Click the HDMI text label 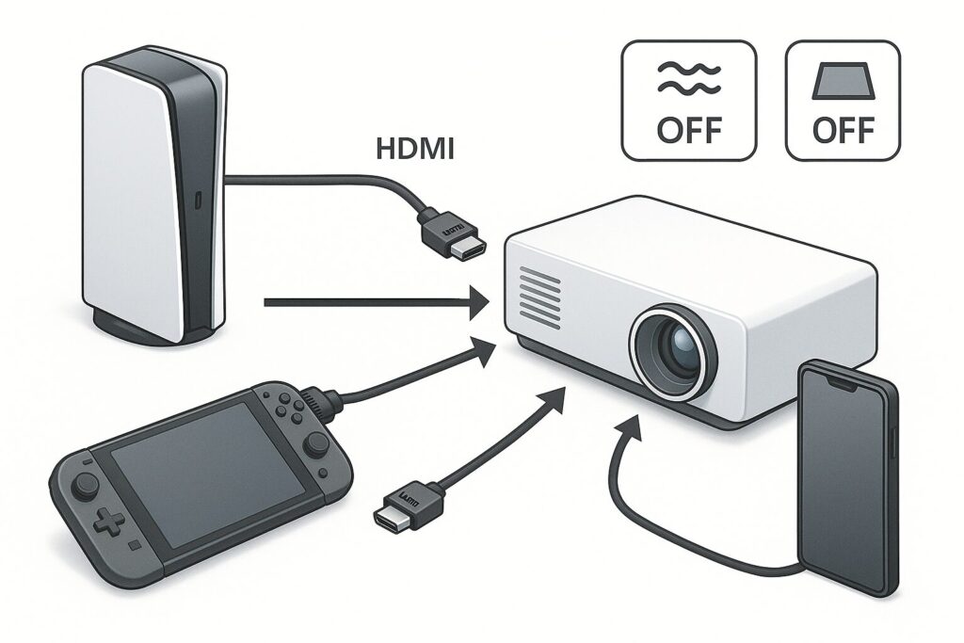click(x=414, y=149)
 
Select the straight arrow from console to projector click(x=377, y=302)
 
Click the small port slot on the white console click(x=197, y=201)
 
